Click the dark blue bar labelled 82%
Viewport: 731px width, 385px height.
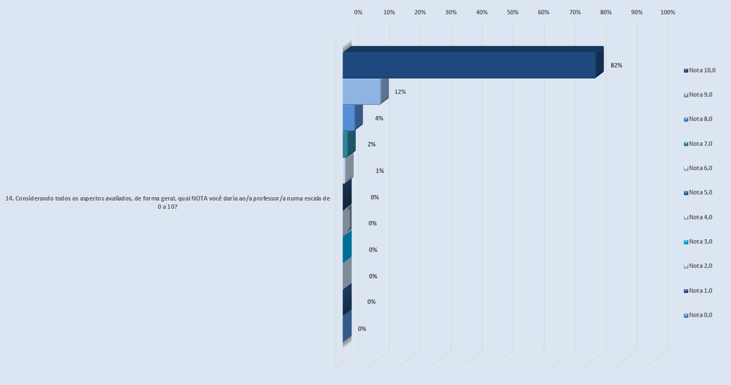click(x=469, y=65)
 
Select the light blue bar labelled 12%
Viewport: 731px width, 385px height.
click(x=362, y=92)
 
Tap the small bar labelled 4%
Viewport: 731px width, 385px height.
click(x=349, y=118)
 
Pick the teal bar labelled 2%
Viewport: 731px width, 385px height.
click(x=346, y=144)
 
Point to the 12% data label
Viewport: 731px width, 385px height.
click(x=400, y=92)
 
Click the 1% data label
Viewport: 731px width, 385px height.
click(x=380, y=171)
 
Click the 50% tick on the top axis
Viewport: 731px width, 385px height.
click(x=513, y=12)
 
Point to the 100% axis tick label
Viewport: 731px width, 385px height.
click(x=668, y=12)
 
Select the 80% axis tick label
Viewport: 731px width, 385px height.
click(x=606, y=12)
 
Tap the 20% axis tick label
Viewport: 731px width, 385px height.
click(x=420, y=12)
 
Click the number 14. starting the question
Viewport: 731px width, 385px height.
click(x=9, y=199)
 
